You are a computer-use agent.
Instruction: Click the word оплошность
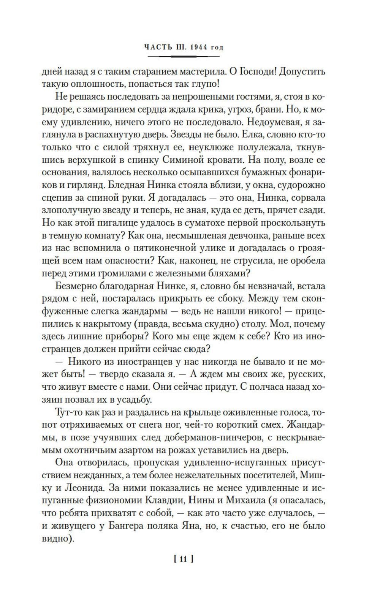[x=96, y=84]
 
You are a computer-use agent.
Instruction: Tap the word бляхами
[x=229, y=273]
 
